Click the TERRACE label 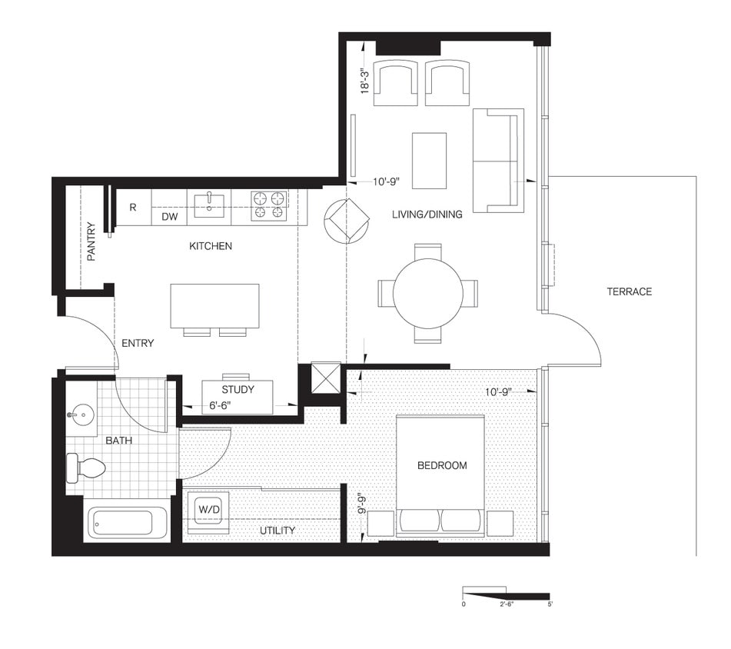click(x=629, y=291)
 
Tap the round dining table click(x=427, y=293)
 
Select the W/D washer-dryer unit click(x=208, y=509)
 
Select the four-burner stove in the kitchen click(x=269, y=205)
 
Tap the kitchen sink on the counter click(x=208, y=205)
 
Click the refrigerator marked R click(x=133, y=208)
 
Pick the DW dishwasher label click(x=170, y=218)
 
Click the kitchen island click(x=214, y=305)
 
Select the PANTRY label click(x=91, y=241)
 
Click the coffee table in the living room click(x=429, y=160)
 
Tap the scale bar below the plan click(x=505, y=594)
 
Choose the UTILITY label click(x=277, y=531)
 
